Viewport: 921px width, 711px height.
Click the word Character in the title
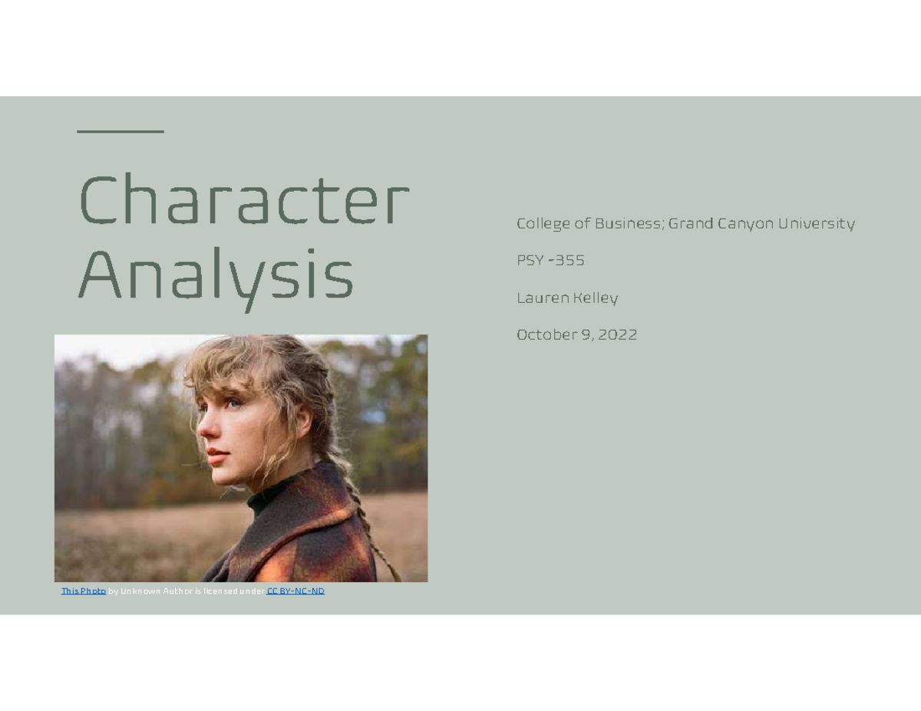pyautogui.click(x=244, y=201)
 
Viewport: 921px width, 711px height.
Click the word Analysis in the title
pyautogui.click(x=216, y=276)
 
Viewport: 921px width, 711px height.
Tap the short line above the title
pyautogui.click(x=120, y=132)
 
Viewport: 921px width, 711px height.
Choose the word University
pyautogui.click(x=817, y=224)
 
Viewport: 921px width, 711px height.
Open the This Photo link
pyautogui.click(x=84, y=591)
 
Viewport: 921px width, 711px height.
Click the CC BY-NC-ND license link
pyautogui.click(x=295, y=591)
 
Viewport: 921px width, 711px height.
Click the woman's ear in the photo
pyautogui.click(x=302, y=421)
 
